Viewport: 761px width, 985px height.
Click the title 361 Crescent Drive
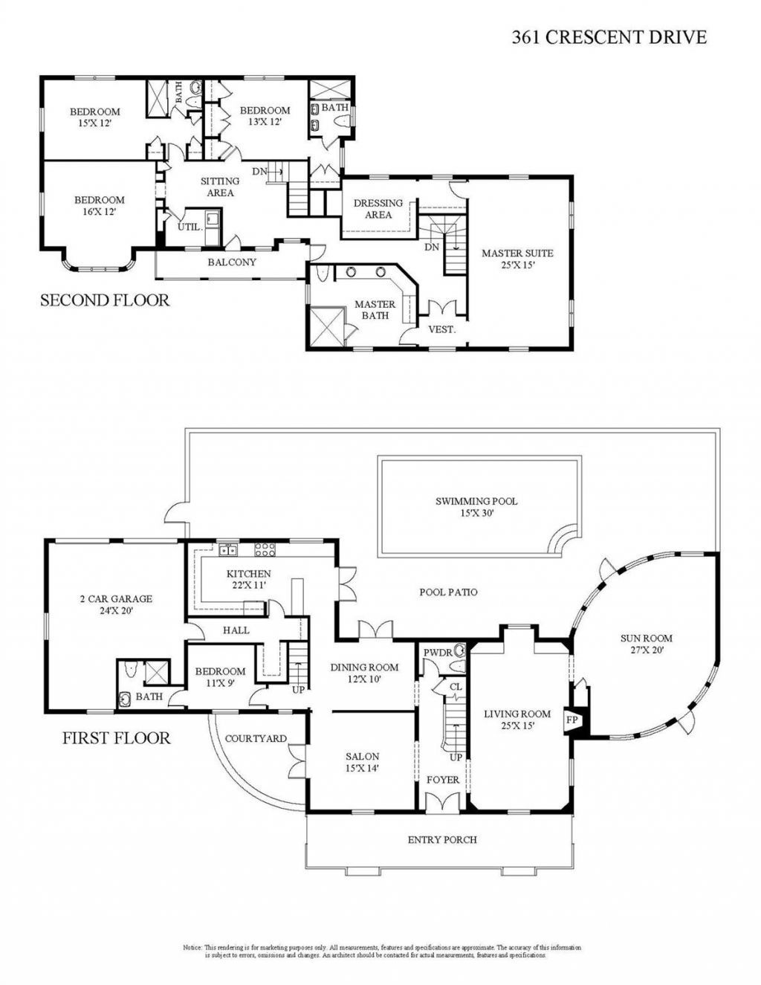click(609, 37)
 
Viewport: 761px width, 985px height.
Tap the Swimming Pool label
click(476, 506)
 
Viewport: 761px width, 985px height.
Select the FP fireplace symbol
click(572, 720)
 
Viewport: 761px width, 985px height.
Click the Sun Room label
click(646, 643)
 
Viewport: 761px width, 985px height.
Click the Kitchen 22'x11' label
click(248, 579)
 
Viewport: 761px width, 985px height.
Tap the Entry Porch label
click(442, 839)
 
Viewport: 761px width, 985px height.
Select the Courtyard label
click(256, 738)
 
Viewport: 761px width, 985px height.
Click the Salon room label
click(362, 762)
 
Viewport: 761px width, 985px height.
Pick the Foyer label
click(442, 780)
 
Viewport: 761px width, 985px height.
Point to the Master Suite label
click(517, 258)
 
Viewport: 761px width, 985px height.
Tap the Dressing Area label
click(378, 208)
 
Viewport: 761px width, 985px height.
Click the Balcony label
click(232, 262)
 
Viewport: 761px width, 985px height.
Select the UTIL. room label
click(190, 227)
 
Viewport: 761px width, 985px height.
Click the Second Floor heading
click(104, 300)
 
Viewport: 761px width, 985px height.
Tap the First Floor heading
click(116, 737)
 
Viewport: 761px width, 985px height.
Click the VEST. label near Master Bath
click(441, 329)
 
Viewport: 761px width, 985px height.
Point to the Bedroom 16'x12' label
click(99, 205)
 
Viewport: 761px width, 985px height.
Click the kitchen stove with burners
click(265, 550)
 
